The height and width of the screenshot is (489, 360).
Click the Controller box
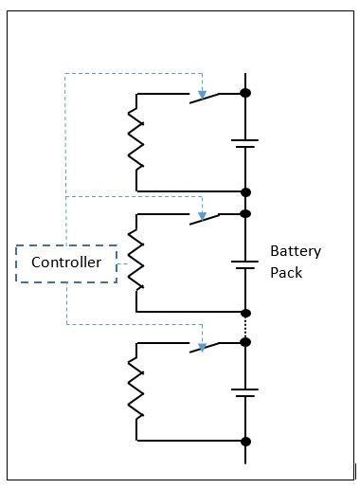coord(66,263)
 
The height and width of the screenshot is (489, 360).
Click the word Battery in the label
coord(295,251)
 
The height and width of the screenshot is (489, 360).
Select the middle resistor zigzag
coord(136,262)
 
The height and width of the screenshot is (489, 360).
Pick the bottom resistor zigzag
coord(136,389)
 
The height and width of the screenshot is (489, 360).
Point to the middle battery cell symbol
coord(245,265)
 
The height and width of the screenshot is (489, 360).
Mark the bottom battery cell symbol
coord(245,391)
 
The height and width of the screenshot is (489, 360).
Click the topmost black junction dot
coord(245,93)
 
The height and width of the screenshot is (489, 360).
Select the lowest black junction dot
coord(245,441)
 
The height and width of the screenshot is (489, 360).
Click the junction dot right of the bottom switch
coord(245,343)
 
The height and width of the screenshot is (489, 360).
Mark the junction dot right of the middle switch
coord(245,214)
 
